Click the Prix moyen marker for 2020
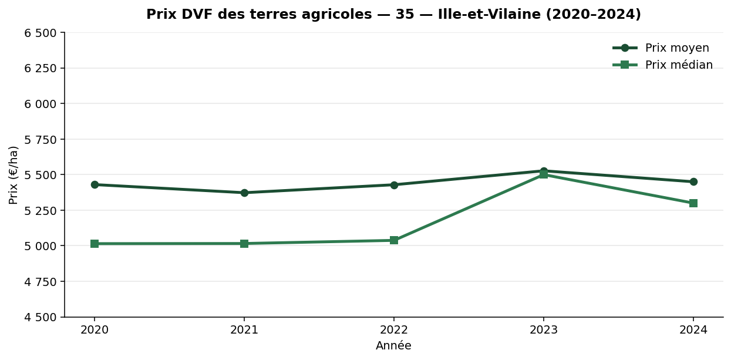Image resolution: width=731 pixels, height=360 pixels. click(95, 184)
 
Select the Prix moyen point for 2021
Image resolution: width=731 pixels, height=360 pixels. click(244, 193)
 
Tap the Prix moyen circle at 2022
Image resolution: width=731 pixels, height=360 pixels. click(394, 185)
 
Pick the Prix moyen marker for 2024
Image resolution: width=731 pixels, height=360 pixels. click(693, 181)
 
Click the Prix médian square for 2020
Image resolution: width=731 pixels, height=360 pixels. click(95, 244)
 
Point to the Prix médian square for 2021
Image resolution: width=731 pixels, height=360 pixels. click(244, 244)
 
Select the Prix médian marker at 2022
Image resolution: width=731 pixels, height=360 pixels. click(394, 240)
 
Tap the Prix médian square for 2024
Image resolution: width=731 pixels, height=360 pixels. click(693, 203)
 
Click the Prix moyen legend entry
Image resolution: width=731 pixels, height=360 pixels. click(676, 48)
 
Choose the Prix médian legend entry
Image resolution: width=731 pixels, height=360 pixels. click(678, 65)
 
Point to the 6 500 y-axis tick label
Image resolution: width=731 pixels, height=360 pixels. click(41, 33)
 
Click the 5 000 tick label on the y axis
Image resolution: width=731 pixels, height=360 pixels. click(41, 246)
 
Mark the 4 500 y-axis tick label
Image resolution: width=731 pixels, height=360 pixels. click(41, 317)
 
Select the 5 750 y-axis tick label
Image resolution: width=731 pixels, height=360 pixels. click(41, 140)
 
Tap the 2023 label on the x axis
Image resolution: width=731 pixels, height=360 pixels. click(544, 330)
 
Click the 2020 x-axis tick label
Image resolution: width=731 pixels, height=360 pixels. click(95, 330)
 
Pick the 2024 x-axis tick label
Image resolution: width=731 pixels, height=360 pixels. click(693, 330)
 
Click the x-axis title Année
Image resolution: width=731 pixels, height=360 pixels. click(393, 346)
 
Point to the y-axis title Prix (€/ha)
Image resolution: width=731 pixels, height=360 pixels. click(14, 175)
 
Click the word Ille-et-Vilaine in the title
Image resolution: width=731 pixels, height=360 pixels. click(483, 15)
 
